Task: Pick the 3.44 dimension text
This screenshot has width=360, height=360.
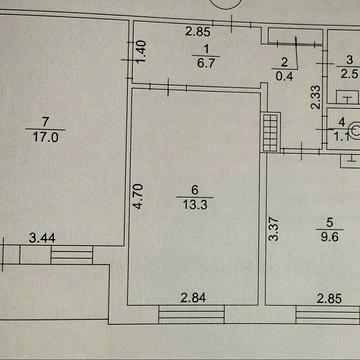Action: tap(42, 238)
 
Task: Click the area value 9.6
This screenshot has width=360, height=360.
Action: tap(327, 238)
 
